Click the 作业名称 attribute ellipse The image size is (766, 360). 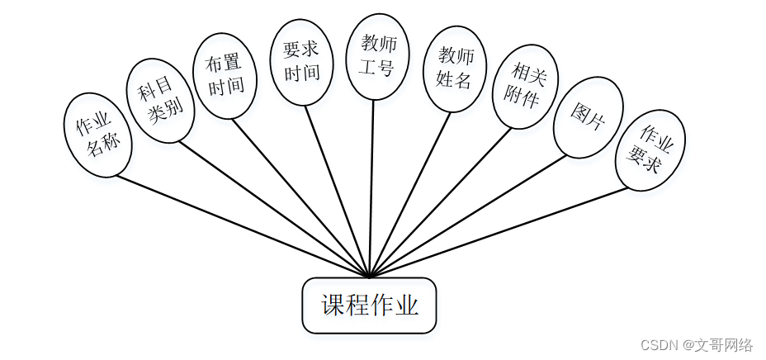98,135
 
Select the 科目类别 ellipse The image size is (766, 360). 160,101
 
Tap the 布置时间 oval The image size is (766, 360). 220,76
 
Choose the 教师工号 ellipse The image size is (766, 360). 376,56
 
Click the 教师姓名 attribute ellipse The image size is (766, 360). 454,68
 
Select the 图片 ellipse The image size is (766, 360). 588,117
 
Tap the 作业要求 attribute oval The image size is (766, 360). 650,149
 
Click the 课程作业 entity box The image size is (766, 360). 369,306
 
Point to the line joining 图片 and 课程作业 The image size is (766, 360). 470,216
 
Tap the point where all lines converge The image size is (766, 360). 370,276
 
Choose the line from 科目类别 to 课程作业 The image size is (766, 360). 272,208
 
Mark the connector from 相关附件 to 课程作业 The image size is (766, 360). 442,201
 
